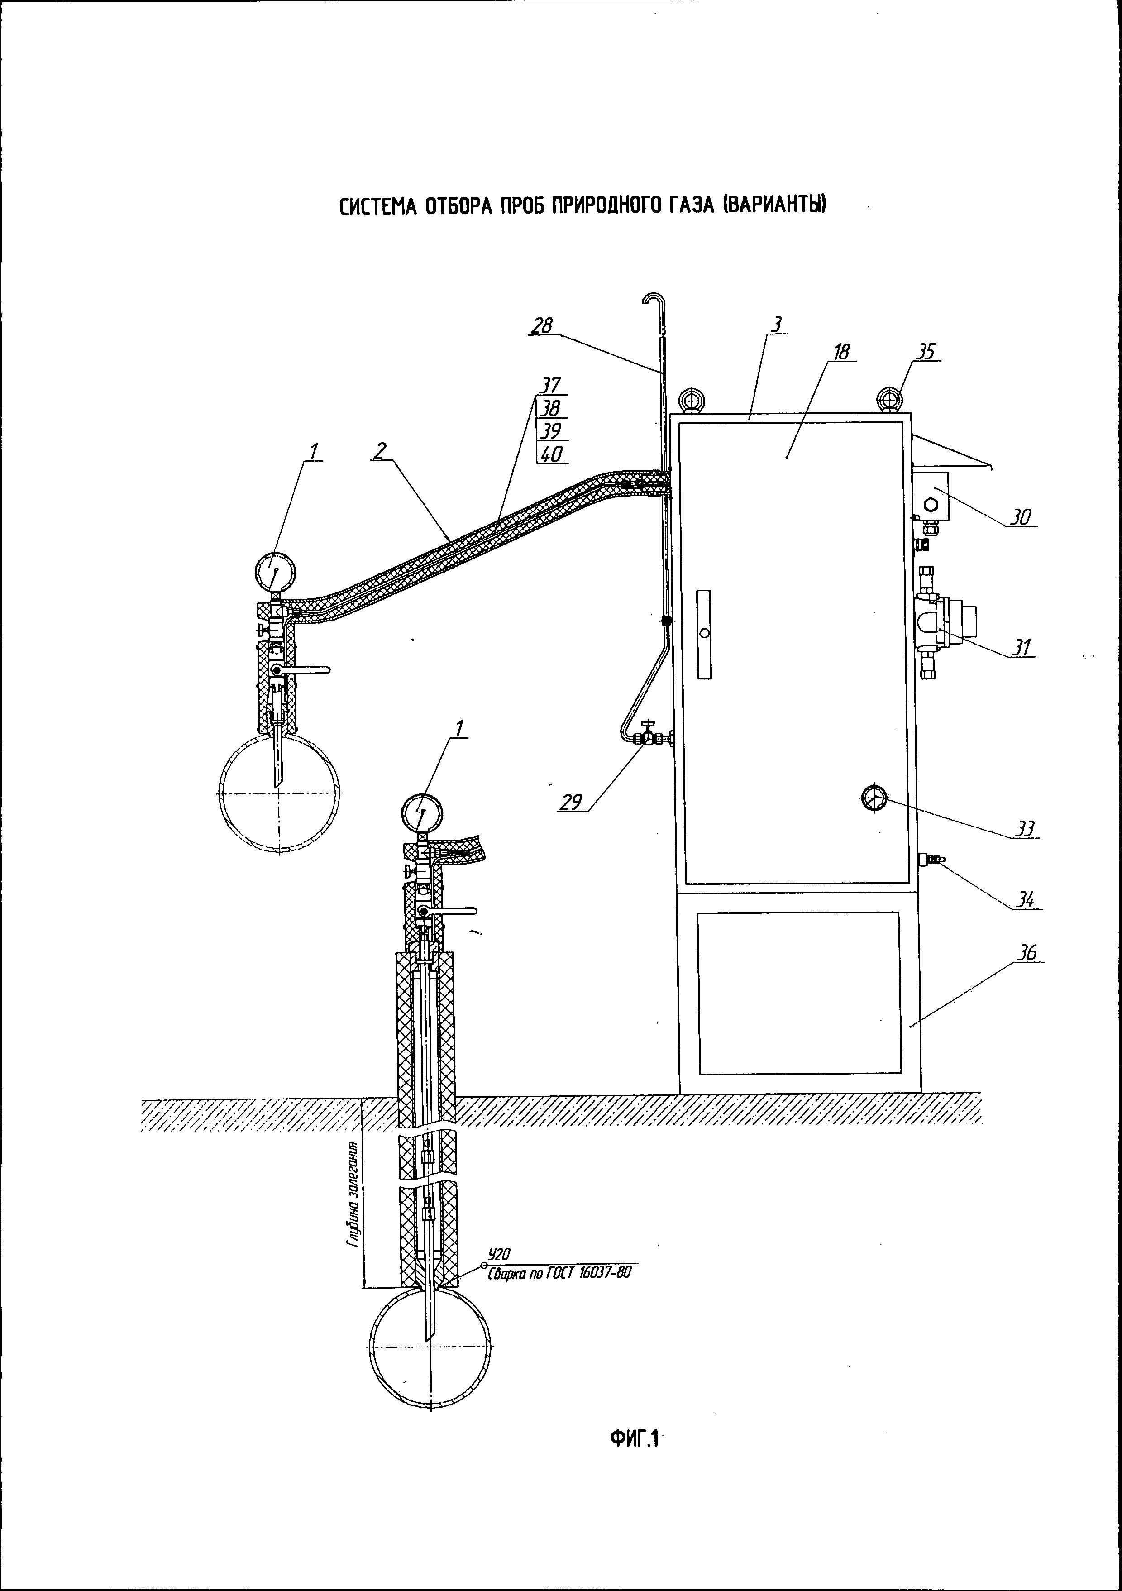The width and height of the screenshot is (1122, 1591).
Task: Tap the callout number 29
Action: [571, 803]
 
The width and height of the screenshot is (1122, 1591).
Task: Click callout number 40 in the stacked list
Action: [552, 454]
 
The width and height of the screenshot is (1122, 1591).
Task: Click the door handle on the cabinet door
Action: [704, 634]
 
